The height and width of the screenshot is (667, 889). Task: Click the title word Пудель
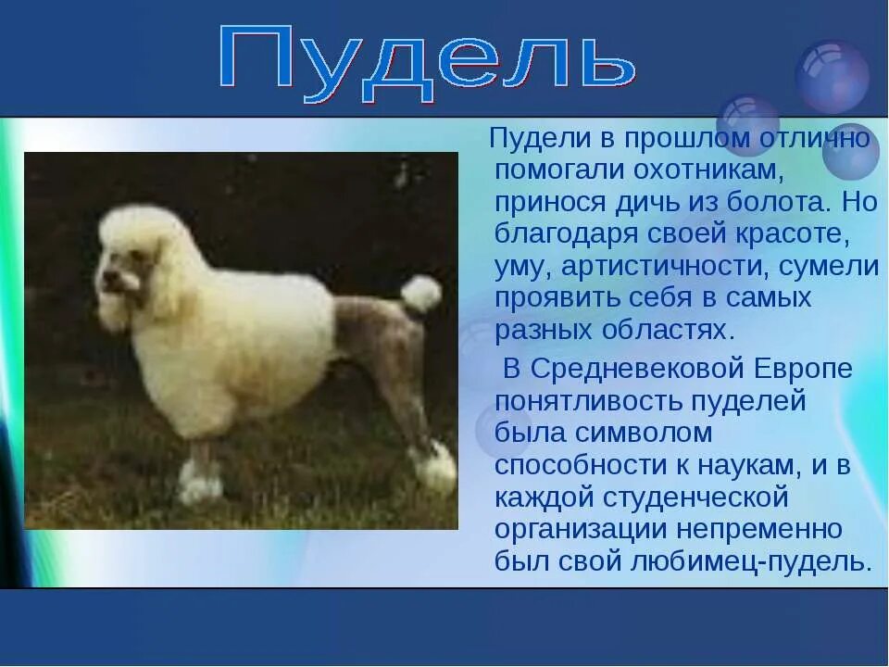(x=428, y=62)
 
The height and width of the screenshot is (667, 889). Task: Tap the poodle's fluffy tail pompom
(x=421, y=293)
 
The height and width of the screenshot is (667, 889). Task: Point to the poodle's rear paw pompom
(x=435, y=465)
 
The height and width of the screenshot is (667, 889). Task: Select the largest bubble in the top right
(x=832, y=77)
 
